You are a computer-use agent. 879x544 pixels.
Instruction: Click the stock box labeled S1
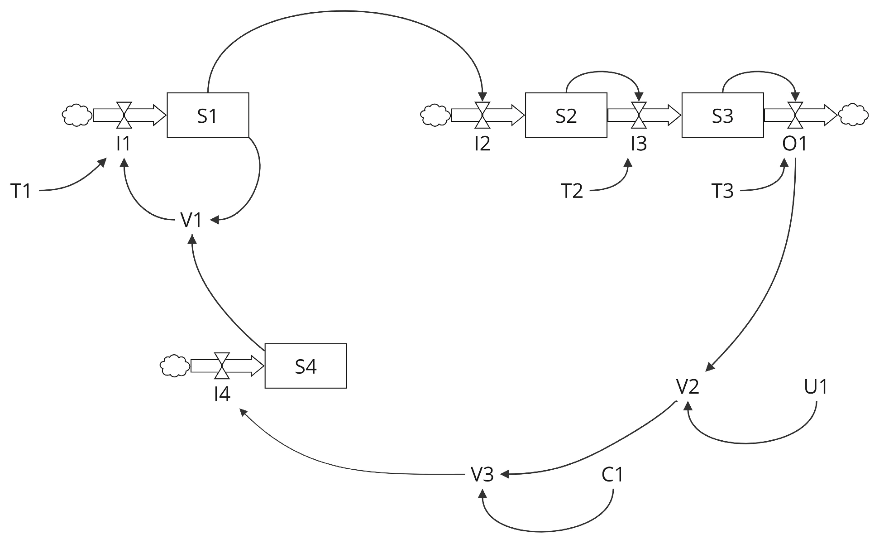(208, 115)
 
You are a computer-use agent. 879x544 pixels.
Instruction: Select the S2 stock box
(566, 115)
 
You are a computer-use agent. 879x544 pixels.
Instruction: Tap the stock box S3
(722, 115)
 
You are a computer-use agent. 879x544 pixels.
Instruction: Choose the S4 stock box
(306, 366)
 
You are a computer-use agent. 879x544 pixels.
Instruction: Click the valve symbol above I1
(124, 115)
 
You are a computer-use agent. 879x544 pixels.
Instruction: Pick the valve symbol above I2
(482, 115)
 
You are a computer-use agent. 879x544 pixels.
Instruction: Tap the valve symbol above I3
(639, 115)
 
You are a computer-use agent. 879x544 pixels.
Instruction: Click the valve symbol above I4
(221, 366)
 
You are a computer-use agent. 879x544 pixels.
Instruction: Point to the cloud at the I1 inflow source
(76, 115)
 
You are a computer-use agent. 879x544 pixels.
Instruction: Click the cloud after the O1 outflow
(854, 115)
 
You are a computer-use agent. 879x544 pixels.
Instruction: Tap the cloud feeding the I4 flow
(175, 366)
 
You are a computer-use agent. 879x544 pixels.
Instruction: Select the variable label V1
(191, 220)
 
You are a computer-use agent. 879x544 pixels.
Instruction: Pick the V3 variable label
(482, 475)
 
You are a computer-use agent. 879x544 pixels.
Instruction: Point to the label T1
(21, 191)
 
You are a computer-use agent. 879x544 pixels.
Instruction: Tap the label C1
(612, 475)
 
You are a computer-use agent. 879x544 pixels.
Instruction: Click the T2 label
(572, 191)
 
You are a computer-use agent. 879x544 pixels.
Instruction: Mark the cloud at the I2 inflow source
(435, 115)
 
